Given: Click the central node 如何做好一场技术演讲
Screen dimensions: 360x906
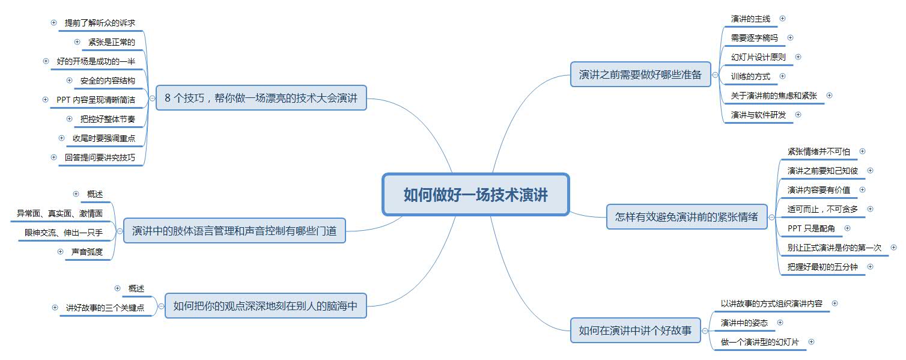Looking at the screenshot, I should (475, 195).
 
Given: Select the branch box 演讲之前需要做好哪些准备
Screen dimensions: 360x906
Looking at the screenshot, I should (640, 75).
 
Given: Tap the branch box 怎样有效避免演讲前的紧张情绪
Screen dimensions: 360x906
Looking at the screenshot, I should (687, 217).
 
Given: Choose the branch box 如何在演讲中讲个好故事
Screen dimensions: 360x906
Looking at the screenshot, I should (635, 330).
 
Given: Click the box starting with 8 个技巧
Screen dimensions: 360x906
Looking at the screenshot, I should (261, 98).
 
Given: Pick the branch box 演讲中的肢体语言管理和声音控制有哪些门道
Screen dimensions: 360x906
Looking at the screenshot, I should (234, 230).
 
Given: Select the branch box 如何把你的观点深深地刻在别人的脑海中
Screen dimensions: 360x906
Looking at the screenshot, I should (266, 306).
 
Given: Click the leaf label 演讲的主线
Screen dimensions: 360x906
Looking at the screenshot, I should (750, 19).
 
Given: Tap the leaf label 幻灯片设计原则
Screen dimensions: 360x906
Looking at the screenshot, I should (758, 57).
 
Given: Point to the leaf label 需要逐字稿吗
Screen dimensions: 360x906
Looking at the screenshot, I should (754, 38).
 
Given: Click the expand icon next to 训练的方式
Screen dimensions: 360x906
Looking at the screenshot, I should (782, 76).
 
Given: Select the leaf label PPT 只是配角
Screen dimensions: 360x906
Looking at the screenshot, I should (810, 228).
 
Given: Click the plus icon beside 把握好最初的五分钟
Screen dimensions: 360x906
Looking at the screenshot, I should (870, 266).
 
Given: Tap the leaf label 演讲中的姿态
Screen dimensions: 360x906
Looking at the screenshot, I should (744, 323).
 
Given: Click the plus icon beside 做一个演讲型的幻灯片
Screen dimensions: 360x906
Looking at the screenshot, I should (811, 341).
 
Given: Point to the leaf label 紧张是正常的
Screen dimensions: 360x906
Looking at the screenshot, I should (108, 42).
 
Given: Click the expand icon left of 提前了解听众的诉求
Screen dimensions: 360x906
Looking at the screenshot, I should (53, 23).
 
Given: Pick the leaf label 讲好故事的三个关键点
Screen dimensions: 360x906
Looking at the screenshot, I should (105, 308).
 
